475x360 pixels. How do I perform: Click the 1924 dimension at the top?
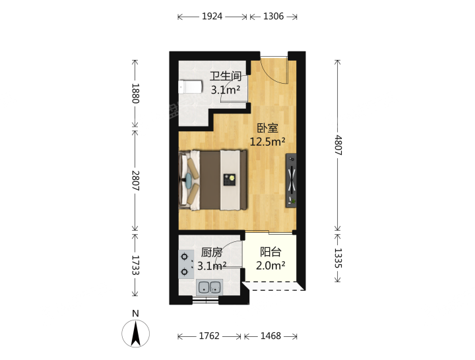pyautogui.click(x=212, y=16)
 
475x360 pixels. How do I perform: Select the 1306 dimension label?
pyautogui.click(x=273, y=16)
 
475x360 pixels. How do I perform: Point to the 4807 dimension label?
pyautogui.click(x=338, y=145)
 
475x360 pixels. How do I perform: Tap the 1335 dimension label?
pyautogui.click(x=338, y=258)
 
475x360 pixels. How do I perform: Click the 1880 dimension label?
pyautogui.click(x=135, y=93)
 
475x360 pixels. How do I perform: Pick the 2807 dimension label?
pyautogui.click(x=135, y=181)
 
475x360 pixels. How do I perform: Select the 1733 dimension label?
pyautogui.click(x=135, y=265)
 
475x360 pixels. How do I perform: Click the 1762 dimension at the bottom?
pyautogui.click(x=209, y=336)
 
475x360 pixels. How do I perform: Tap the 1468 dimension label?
pyautogui.click(x=271, y=336)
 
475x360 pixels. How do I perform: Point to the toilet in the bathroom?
pyautogui.click(x=190, y=87)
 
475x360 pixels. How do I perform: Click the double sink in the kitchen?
pyautogui.click(x=210, y=287)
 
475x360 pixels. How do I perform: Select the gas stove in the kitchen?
pyautogui.click(x=185, y=264)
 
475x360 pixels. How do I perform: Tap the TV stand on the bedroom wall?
pyautogui.click(x=291, y=181)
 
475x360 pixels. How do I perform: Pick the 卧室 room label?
pyautogui.click(x=267, y=129)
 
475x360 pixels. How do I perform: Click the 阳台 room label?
pyautogui.click(x=270, y=252)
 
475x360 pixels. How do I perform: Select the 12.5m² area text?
pyautogui.click(x=267, y=141)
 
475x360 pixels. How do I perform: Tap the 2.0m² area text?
pyautogui.click(x=270, y=266)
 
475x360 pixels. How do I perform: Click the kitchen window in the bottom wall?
pyautogui.click(x=205, y=300)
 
